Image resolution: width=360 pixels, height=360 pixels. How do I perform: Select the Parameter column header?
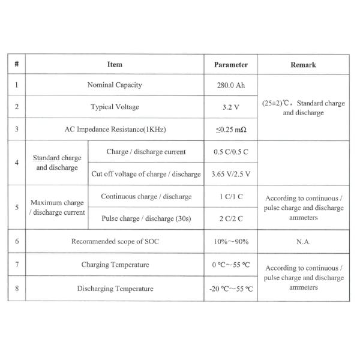[x=231, y=64]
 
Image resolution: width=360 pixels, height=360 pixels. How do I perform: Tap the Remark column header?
[x=303, y=64]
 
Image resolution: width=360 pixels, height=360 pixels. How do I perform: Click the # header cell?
[x=16, y=64]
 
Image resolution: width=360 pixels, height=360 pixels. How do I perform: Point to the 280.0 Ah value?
[x=231, y=85]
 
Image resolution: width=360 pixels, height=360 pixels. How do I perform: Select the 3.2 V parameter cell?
[x=231, y=107]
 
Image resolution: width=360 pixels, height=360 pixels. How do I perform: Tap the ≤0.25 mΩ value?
[x=231, y=130]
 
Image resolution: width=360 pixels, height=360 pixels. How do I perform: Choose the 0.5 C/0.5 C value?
[x=231, y=152]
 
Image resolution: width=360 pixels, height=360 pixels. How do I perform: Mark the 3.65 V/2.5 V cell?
[x=231, y=174]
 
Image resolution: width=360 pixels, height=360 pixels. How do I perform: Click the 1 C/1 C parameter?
[x=231, y=196]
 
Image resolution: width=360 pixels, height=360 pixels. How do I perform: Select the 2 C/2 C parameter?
[x=231, y=219]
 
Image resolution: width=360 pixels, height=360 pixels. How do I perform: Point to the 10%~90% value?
[x=231, y=242]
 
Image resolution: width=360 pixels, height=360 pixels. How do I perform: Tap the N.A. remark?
[x=303, y=242]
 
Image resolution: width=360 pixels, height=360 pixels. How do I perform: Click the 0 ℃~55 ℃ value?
[x=231, y=265]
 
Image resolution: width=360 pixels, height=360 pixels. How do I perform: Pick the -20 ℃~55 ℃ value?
[x=231, y=289]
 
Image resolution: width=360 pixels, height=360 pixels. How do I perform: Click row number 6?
[x=16, y=242]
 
